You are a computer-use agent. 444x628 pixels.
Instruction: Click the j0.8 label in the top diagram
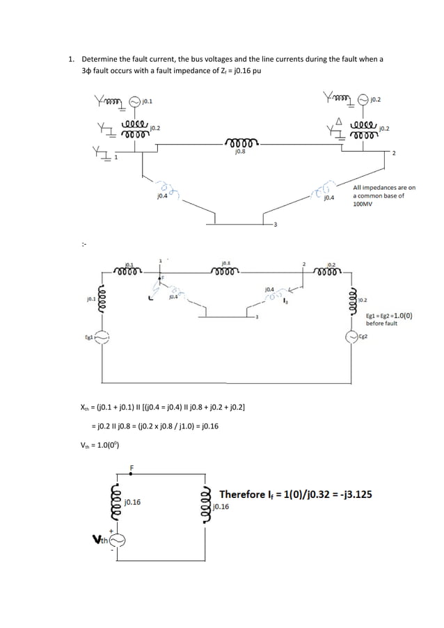(239, 151)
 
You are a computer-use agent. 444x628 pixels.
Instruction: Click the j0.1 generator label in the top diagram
(147, 102)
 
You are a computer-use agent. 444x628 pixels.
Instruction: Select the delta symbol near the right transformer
(339, 121)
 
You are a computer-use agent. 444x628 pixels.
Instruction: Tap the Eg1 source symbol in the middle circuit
(103, 337)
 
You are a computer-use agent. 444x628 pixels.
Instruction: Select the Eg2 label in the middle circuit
(363, 337)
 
